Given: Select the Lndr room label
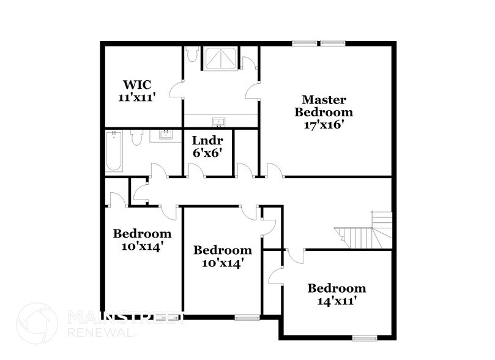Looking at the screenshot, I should click(203, 140).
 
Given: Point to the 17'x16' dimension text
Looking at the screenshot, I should click(324, 124).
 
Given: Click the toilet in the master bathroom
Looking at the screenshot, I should click(192, 56).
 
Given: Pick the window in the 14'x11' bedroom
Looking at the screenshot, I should click(365, 337).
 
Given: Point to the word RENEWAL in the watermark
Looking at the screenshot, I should click(98, 333).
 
